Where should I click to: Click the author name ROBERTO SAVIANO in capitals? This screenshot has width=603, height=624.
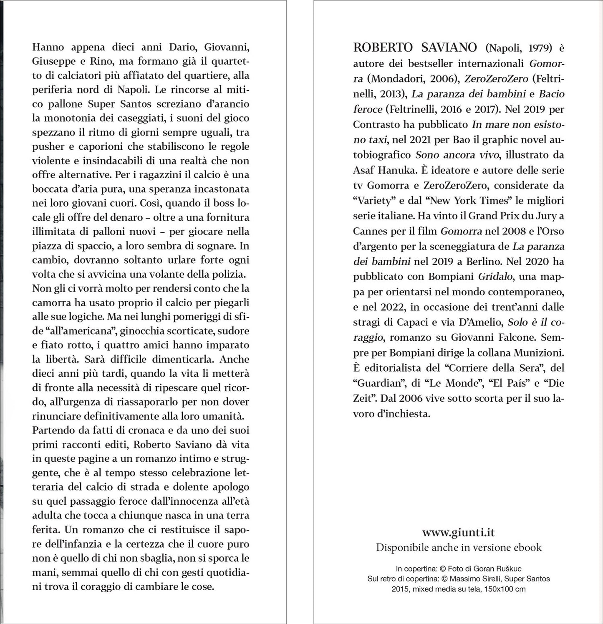click(x=415, y=48)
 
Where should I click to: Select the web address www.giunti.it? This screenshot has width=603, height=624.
click(x=458, y=532)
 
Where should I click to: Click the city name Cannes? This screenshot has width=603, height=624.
click(x=369, y=231)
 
